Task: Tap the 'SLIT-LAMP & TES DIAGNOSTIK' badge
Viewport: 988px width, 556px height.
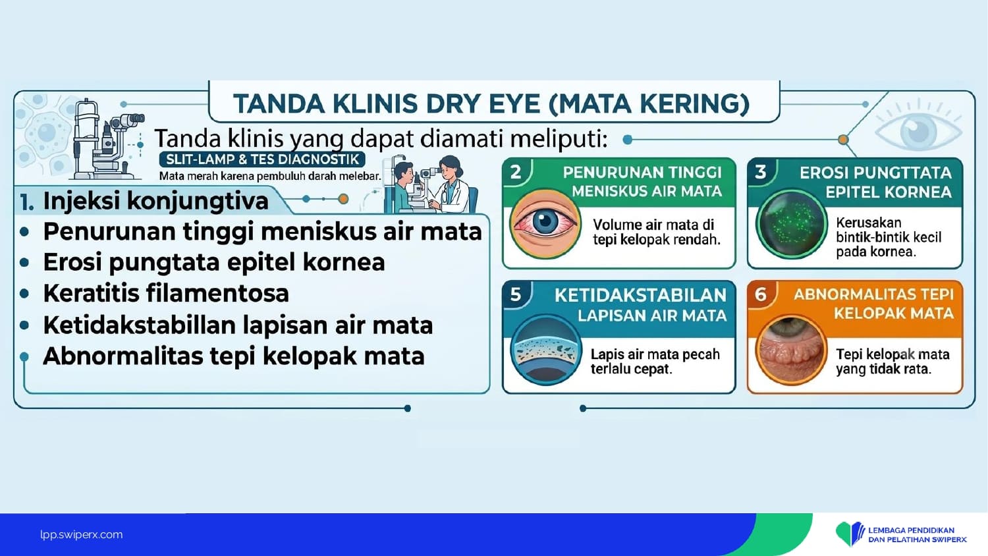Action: (x=262, y=159)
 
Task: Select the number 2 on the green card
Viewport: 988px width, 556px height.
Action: (x=516, y=172)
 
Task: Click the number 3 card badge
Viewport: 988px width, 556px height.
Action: (x=760, y=172)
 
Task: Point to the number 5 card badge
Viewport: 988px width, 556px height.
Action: (x=516, y=294)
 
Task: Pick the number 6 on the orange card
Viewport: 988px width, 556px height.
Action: (x=760, y=294)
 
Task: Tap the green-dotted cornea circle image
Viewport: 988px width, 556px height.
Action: (x=790, y=224)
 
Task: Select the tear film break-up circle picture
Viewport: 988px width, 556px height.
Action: (x=546, y=350)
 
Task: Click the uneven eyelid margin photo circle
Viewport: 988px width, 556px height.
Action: (x=791, y=350)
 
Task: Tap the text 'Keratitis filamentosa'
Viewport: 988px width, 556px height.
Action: (x=166, y=293)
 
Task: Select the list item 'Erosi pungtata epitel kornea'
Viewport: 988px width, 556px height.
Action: (x=214, y=263)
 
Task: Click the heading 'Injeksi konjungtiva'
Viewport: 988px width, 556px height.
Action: (x=155, y=201)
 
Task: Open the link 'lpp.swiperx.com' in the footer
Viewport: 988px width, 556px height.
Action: (x=82, y=535)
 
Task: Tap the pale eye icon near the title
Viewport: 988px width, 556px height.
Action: (x=918, y=130)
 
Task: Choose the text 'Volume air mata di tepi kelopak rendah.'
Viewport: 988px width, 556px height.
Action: (x=656, y=232)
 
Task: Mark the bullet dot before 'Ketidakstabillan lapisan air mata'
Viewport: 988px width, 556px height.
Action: (x=25, y=325)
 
